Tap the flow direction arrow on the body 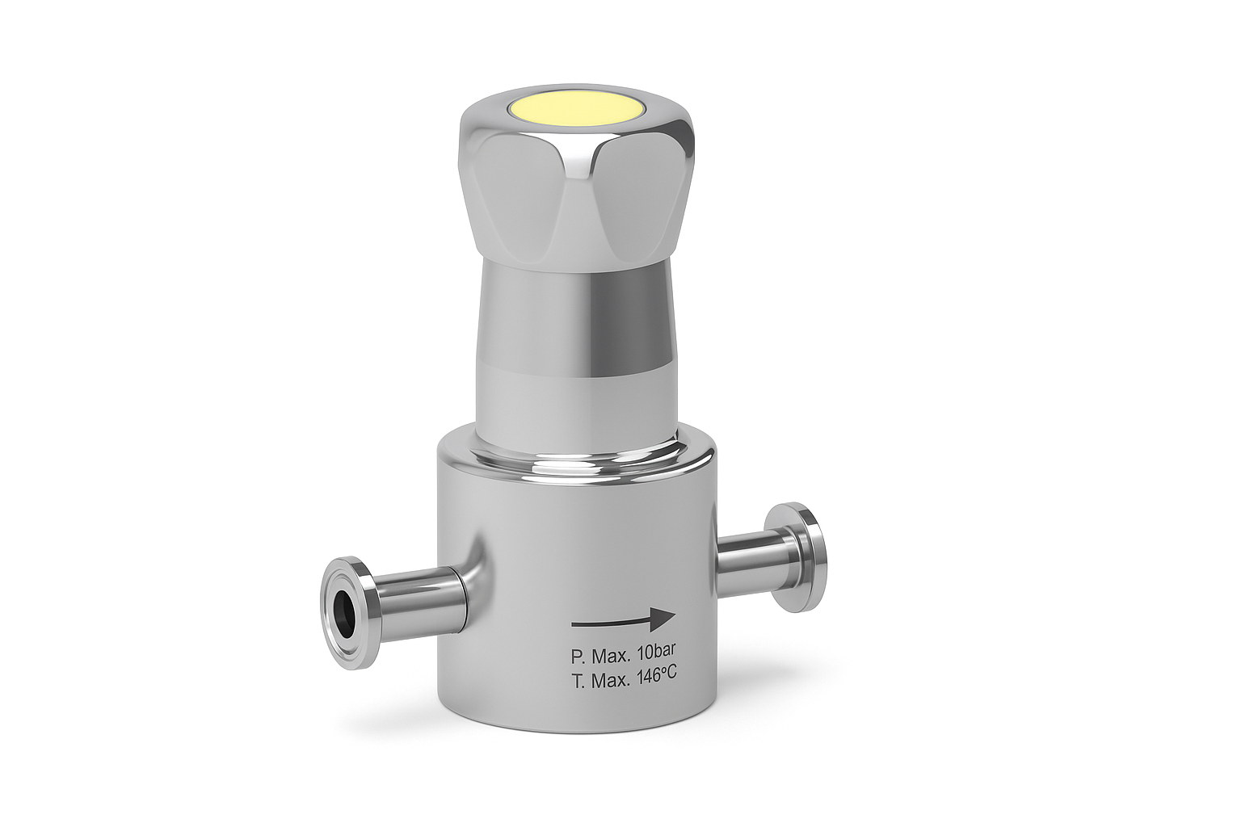(623, 619)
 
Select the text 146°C (657, 678)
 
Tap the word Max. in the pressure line (612, 657)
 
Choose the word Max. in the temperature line (612, 681)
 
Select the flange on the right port (796, 556)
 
